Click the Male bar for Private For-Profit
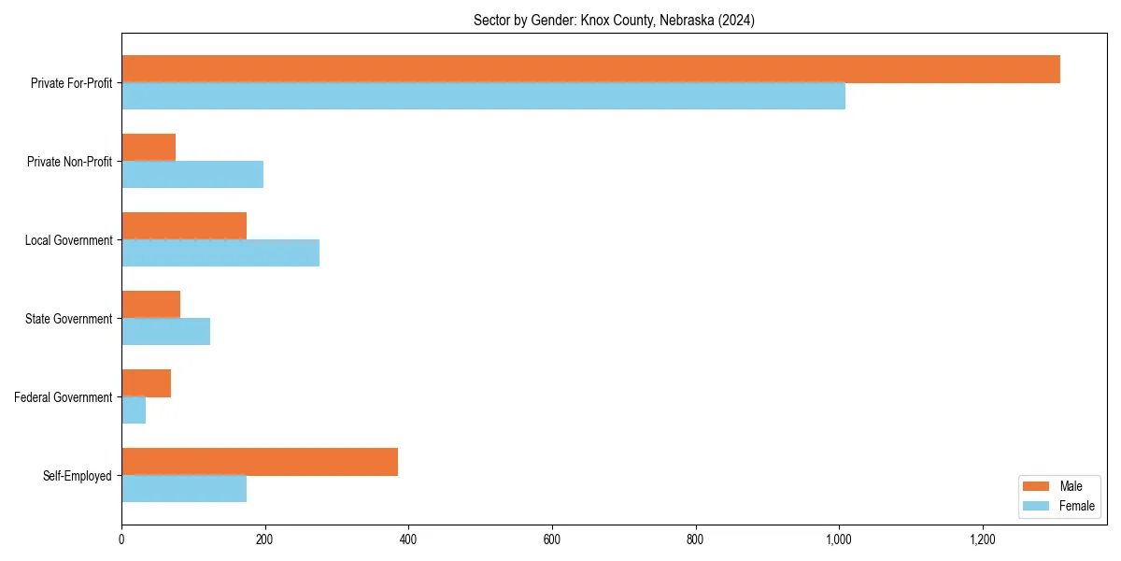point(590,69)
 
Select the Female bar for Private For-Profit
point(483,96)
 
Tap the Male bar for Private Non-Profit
point(149,148)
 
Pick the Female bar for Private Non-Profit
point(192,175)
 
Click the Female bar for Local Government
point(220,253)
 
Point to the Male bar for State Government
point(150,305)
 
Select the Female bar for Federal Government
point(134,410)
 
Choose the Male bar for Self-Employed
point(260,462)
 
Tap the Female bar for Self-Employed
point(184,489)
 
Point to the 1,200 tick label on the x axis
point(982,539)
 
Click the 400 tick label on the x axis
point(408,539)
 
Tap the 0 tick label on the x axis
point(121,539)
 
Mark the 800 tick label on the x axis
point(695,539)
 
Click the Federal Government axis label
point(64,397)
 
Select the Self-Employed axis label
point(78,476)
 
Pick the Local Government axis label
point(69,240)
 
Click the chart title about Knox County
point(614,20)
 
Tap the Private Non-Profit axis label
point(70,162)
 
